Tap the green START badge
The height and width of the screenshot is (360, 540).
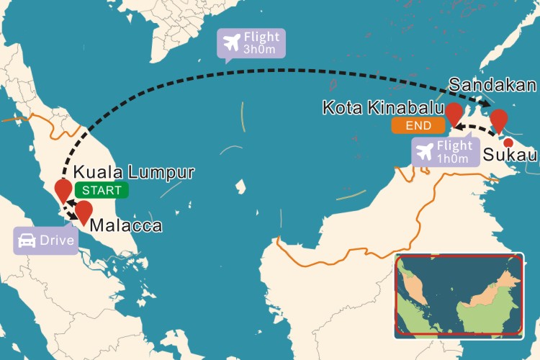point(102,190)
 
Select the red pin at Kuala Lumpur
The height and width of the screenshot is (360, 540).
point(63,189)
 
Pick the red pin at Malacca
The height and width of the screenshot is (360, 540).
point(84,212)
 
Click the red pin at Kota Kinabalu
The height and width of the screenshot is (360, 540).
point(454,113)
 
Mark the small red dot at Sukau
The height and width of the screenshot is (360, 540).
point(508,142)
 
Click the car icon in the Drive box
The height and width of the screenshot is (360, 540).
point(26,240)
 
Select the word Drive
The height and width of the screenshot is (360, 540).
point(57,240)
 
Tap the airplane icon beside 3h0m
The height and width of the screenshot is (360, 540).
point(232,44)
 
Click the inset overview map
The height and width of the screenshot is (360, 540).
point(459,294)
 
